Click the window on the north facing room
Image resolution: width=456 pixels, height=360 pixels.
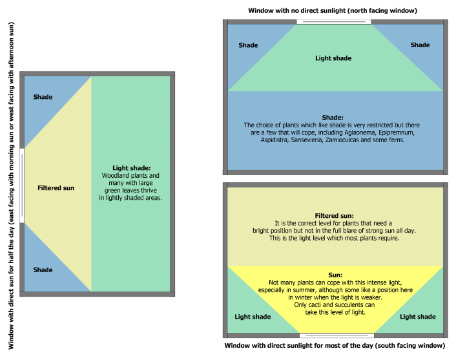pyautogui.click(x=333, y=22)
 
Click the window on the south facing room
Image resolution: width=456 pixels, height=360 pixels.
pyautogui.click(x=337, y=335)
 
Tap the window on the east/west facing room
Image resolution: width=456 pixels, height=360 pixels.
pyautogui.click(x=22, y=185)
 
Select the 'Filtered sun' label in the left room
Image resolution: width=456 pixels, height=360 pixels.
pyautogui.click(x=56, y=188)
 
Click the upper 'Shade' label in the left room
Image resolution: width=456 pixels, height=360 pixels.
pyautogui.click(x=43, y=97)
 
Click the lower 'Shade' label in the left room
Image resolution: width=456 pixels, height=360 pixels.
pyautogui.click(x=43, y=270)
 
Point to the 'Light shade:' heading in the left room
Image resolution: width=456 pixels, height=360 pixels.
pyautogui.click(x=132, y=168)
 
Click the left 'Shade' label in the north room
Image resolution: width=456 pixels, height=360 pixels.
pyautogui.click(x=248, y=45)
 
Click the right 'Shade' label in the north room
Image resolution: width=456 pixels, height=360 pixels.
pyautogui.click(x=420, y=45)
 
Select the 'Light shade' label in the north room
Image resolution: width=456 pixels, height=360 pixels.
pyautogui.click(x=333, y=58)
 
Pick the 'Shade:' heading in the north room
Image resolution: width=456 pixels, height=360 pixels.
pyautogui.click(x=333, y=118)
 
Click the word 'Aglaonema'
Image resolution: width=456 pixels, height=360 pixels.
pyautogui.click(x=360, y=132)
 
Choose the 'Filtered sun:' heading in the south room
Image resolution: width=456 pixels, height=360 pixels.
pyautogui.click(x=334, y=216)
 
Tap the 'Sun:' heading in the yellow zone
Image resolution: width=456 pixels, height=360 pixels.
pyautogui.click(x=335, y=275)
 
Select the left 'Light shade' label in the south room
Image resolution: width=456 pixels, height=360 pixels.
pyautogui.click(x=253, y=317)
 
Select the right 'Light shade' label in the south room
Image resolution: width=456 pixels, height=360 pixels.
pyautogui.click(x=418, y=317)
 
